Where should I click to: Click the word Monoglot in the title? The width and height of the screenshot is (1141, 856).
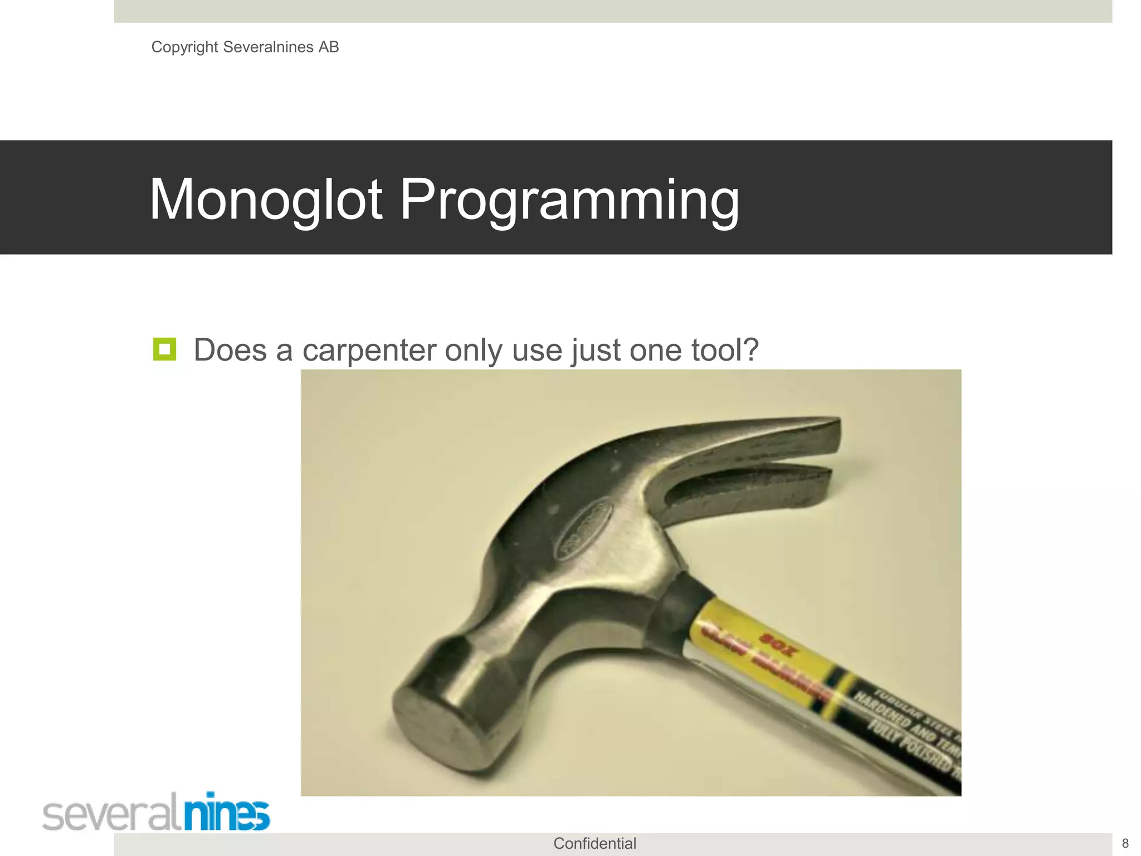tap(266, 200)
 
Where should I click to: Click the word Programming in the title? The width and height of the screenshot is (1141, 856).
tap(569, 200)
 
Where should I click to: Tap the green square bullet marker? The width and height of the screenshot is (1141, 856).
tap(164, 349)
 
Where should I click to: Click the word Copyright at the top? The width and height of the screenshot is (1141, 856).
tap(184, 47)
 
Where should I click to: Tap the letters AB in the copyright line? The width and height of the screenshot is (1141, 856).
tap(329, 47)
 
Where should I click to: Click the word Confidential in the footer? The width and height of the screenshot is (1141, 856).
tap(594, 843)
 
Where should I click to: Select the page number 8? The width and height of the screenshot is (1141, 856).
tap(1125, 843)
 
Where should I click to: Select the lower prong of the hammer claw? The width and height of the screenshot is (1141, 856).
tap(769, 488)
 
